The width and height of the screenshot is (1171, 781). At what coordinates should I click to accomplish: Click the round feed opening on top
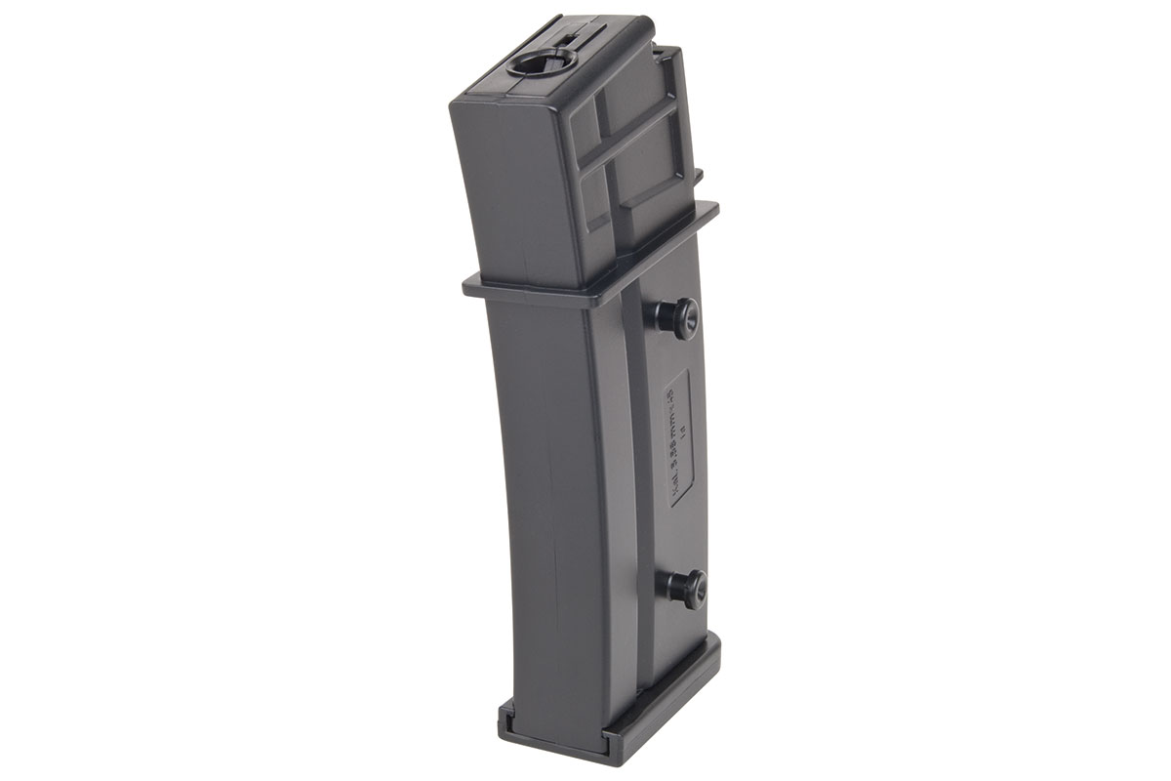coord(534,70)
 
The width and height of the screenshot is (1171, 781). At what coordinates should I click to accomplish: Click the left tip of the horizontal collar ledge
coord(465,286)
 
